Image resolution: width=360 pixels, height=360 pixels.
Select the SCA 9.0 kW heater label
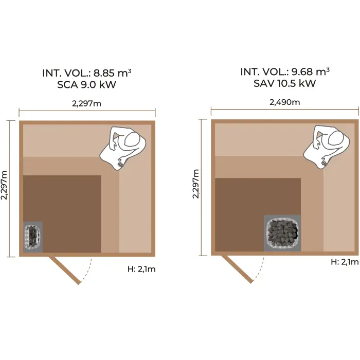click(x=87, y=85)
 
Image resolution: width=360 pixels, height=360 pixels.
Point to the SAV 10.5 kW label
click(x=285, y=83)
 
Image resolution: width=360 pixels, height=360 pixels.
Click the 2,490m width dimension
click(x=285, y=102)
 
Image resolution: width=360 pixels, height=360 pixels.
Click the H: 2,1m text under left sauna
click(x=141, y=269)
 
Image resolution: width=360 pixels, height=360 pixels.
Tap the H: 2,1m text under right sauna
click(x=344, y=262)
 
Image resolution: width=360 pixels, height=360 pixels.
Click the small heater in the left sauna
click(x=33, y=237)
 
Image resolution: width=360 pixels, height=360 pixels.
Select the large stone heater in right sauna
click(x=282, y=233)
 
